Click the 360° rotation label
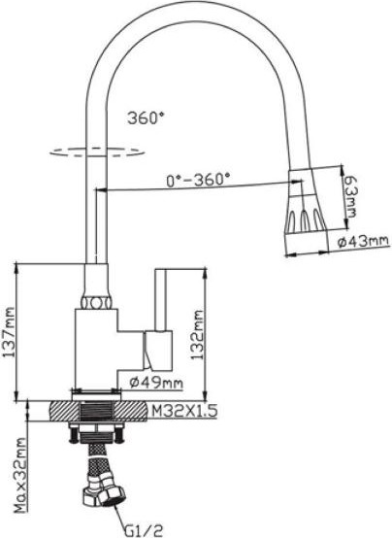click(147, 118)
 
